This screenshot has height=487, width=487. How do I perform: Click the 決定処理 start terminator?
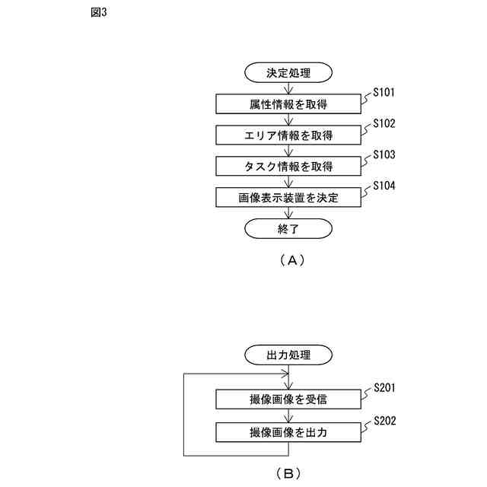(x=288, y=73)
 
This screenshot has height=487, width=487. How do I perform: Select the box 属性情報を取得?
(x=288, y=104)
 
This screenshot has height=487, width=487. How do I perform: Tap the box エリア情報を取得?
(x=288, y=135)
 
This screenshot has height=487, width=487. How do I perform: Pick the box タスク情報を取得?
(x=288, y=167)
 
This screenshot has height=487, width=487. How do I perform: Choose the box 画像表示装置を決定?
(x=288, y=198)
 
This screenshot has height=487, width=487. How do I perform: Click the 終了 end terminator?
(x=288, y=228)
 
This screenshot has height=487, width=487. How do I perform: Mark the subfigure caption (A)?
(x=288, y=260)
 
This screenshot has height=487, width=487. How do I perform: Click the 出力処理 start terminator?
(x=288, y=355)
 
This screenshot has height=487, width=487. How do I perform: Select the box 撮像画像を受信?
(x=288, y=399)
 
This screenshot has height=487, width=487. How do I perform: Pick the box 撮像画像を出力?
(x=288, y=432)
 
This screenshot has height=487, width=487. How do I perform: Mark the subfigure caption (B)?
(x=288, y=473)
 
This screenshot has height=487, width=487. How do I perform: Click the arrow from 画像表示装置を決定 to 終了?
(x=288, y=213)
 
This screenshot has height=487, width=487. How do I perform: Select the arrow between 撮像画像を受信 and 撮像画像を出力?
(x=288, y=415)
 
